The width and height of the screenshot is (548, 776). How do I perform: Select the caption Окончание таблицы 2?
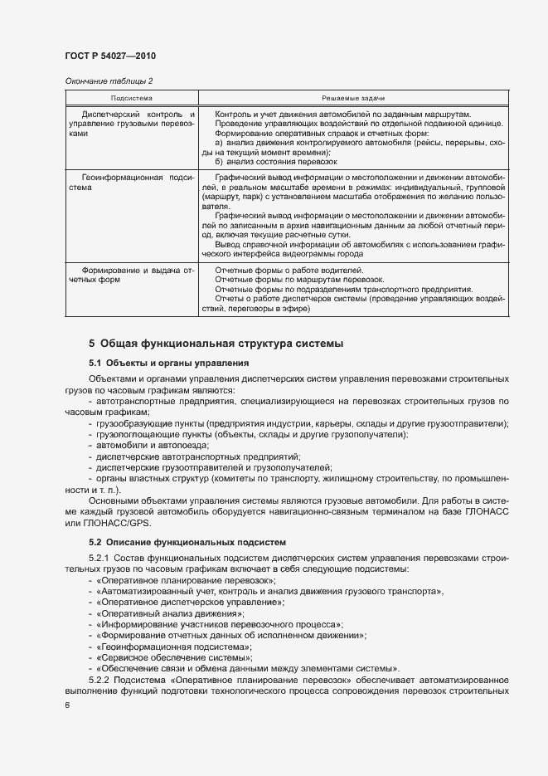tap(109, 81)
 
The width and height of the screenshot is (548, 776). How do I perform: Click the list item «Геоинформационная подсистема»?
tap(174, 645)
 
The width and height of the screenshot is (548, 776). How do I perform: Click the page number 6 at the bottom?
tap(67, 705)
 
